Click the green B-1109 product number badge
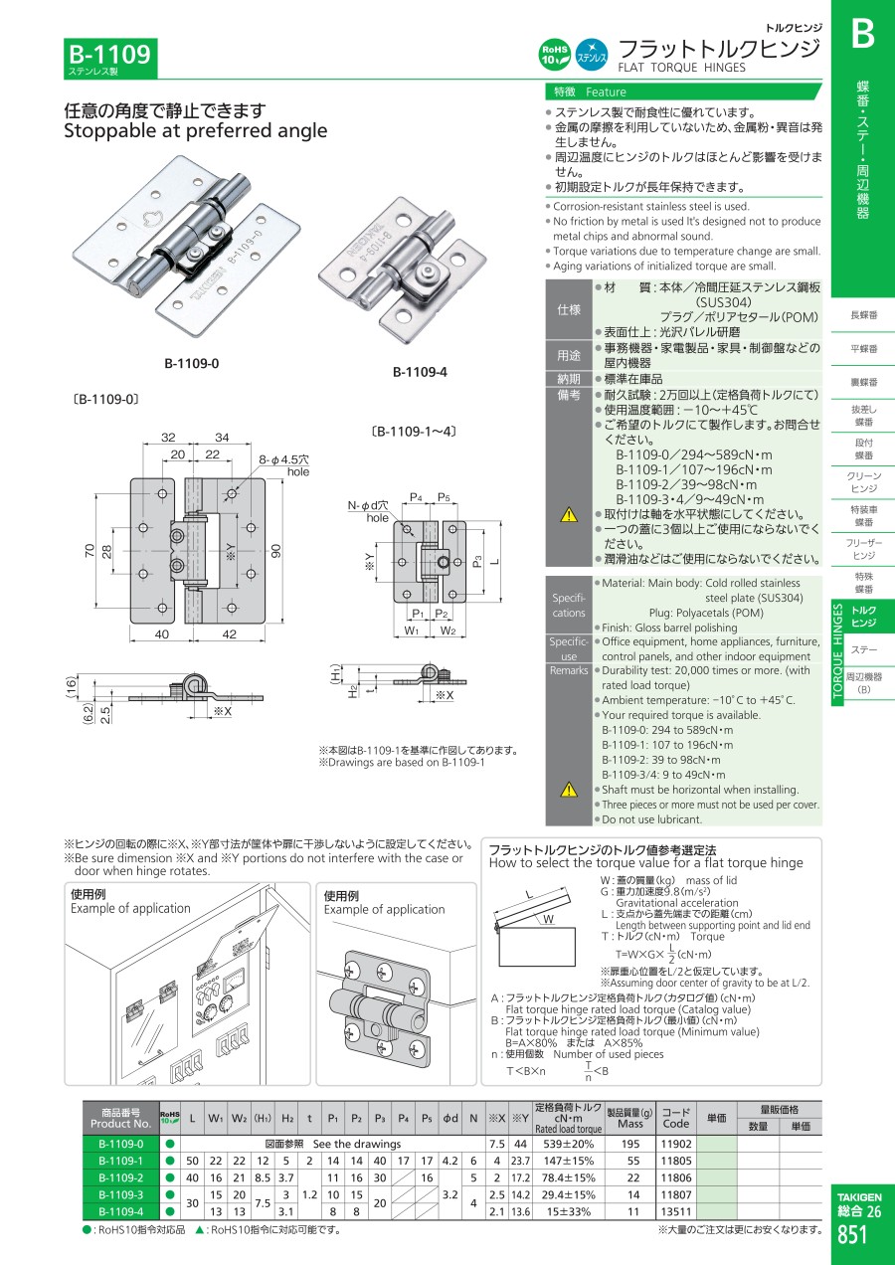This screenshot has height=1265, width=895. (x=110, y=58)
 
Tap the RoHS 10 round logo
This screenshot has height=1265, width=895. (x=555, y=55)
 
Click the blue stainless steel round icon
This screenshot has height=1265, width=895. (x=592, y=55)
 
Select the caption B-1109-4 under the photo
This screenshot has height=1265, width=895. (x=420, y=372)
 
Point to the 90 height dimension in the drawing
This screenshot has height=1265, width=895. (x=276, y=551)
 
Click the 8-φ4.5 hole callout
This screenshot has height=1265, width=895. (x=284, y=465)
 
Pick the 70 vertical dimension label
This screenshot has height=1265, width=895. (x=89, y=551)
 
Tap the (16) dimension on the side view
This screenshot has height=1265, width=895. (x=71, y=687)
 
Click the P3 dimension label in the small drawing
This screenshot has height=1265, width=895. (x=477, y=561)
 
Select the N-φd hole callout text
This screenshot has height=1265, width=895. (x=368, y=511)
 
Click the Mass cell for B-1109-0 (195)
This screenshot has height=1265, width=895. (x=630, y=1144)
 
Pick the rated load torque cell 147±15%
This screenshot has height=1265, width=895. (x=569, y=1161)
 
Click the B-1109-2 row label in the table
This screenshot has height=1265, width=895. (x=121, y=1177)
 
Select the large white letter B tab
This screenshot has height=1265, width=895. (x=862, y=34)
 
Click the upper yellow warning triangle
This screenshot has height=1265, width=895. (x=569, y=515)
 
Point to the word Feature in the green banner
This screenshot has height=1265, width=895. (x=606, y=92)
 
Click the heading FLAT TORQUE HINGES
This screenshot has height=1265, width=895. (x=681, y=68)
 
